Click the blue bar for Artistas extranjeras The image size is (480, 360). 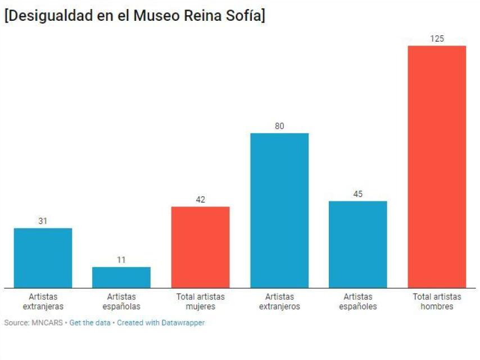pyautogui.click(x=43, y=258)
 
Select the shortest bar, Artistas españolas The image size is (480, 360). pyautogui.click(x=121, y=277)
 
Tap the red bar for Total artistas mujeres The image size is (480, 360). pyautogui.click(x=200, y=247)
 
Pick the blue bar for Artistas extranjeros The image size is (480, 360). pyautogui.click(x=279, y=210)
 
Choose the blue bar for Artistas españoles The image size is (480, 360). pyautogui.click(x=358, y=244)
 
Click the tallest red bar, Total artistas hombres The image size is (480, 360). pyautogui.click(x=437, y=166)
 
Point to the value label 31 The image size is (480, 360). pyautogui.click(x=43, y=221)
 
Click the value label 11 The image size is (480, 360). pyautogui.click(x=121, y=260)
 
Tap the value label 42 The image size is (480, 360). pyautogui.click(x=200, y=200)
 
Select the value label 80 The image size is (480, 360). pyautogui.click(x=279, y=126)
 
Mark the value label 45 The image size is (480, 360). pyautogui.click(x=358, y=194)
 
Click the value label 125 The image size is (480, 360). pyautogui.click(x=437, y=38)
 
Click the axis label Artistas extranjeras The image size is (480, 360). pyautogui.click(x=43, y=301)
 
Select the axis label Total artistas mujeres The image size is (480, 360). pyautogui.click(x=200, y=301)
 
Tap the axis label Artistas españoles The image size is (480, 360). pyautogui.click(x=358, y=301)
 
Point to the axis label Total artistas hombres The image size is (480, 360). pyautogui.click(x=437, y=301)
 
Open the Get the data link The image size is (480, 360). pyautogui.click(x=90, y=323)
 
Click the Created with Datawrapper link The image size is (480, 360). pyautogui.click(x=161, y=323)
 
